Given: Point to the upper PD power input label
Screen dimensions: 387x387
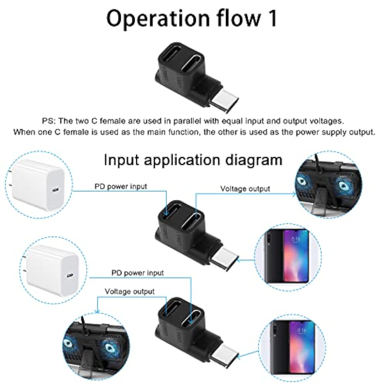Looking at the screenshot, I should [120, 186].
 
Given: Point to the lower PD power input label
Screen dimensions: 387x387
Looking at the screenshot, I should [138, 273].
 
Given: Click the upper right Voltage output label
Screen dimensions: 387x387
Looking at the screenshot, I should [245, 189].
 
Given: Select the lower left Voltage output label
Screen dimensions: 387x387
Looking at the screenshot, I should [130, 292].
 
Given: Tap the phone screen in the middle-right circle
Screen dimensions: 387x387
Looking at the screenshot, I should [296, 255].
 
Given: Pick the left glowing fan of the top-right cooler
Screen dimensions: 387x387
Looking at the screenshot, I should [302, 181].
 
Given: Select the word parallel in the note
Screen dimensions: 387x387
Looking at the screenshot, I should [188, 121].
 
